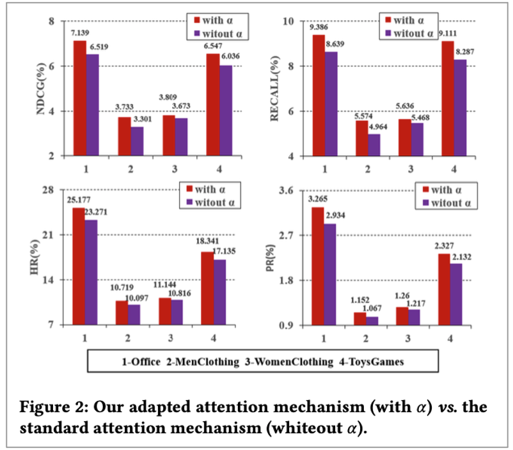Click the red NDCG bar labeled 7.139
point(80,98)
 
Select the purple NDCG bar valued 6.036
point(226,111)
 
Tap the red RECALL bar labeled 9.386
point(319,95)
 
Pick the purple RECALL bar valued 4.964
point(374,145)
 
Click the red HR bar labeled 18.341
point(207,288)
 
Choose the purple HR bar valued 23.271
point(91,272)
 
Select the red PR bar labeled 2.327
point(444,290)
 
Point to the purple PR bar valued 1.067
point(372,321)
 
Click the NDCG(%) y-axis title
point(40,89)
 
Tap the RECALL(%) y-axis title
point(274,88)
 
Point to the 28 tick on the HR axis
point(48,190)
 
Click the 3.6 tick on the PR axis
point(286,190)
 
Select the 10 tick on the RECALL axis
point(288,21)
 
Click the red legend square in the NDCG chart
point(197,20)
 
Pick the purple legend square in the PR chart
point(425,203)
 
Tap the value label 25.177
point(79,200)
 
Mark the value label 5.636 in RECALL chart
point(405,106)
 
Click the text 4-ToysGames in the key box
point(372,362)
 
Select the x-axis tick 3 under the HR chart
point(170,338)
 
